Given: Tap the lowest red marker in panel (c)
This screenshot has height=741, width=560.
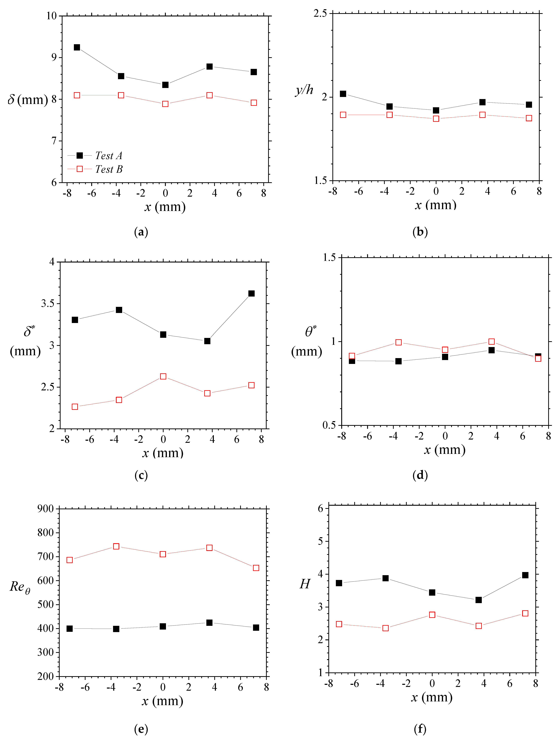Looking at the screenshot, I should (75, 407).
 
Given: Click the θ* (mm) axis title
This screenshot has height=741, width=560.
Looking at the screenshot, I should (307, 342).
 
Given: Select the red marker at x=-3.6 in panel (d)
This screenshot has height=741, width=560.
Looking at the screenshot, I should (398, 342).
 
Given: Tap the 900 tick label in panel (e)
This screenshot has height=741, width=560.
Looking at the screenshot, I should (46, 509).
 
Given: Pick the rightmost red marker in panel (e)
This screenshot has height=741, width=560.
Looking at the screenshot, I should (256, 568).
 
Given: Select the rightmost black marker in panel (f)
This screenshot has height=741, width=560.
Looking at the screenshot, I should (525, 575).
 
